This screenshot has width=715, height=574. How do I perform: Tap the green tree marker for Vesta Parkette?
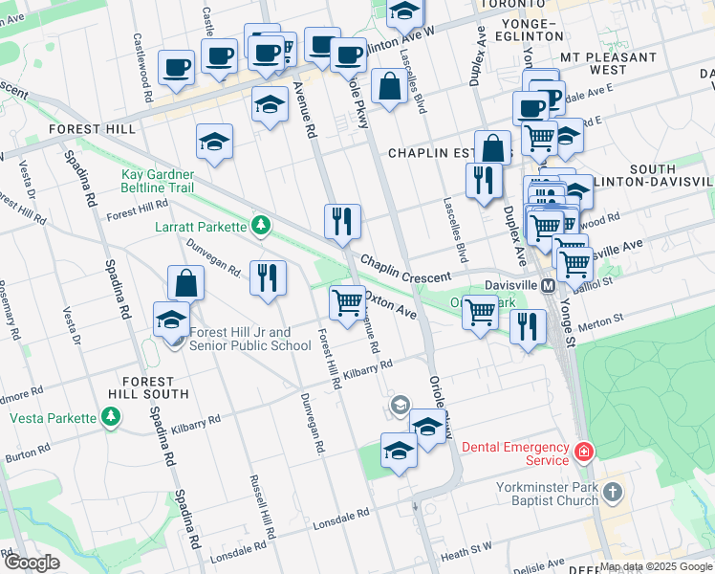coord(112,417)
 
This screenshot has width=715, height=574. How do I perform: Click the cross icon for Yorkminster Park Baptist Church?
coord(613,493)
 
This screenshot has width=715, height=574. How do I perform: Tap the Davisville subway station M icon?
coord(549,285)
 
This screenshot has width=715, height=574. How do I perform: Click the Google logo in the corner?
coord(32,563)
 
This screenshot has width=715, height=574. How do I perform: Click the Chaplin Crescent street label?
coord(405,269)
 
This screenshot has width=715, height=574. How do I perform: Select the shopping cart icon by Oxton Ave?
coord(347,302)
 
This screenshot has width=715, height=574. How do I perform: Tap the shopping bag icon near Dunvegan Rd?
coord(185,283)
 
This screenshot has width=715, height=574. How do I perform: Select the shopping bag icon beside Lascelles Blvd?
coord(391,86)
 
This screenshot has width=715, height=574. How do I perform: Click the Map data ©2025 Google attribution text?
coord(656,566)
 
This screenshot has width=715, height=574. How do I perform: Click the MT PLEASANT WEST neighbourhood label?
coord(607,63)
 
